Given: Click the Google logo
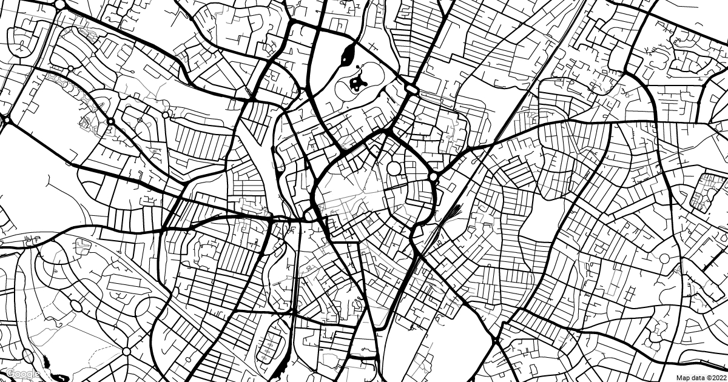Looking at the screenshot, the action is [23, 374].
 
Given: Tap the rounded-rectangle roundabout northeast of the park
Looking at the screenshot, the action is [412, 90].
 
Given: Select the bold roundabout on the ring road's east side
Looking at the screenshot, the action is [433, 176].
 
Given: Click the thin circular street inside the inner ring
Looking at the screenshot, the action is [395, 169].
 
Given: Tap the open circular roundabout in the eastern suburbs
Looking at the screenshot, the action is [664, 259].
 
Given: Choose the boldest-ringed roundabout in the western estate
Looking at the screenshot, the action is [111, 122].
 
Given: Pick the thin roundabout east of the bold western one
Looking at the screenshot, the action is [165, 115].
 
